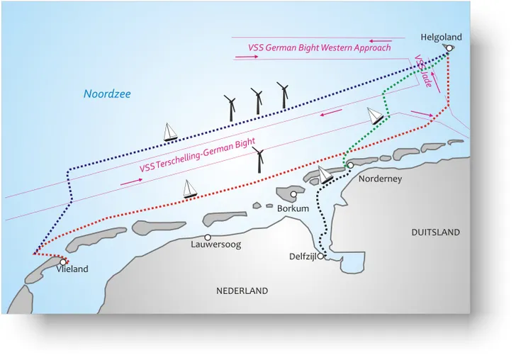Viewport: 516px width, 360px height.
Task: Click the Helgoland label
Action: point(441,37)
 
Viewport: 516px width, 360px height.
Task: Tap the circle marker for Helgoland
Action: point(448,48)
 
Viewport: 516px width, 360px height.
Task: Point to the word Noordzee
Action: point(107,94)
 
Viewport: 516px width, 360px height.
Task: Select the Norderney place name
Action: point(380,179)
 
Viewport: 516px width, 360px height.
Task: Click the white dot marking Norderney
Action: point(350,165)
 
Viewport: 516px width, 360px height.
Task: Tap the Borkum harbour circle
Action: point(293,193)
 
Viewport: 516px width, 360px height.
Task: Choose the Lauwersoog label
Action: point(216,244)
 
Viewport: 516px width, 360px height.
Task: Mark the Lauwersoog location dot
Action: point(208,237)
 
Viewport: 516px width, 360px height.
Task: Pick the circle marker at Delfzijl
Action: point(320,257)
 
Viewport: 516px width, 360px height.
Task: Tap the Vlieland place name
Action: point(72,269)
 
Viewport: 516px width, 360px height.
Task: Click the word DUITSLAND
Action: point(435,232)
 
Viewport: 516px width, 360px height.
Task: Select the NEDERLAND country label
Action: point(242,291)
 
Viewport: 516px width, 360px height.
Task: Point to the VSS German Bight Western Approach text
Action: point(319,47)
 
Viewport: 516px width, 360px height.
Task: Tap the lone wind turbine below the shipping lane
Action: point(259,161)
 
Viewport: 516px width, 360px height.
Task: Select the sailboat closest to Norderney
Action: point(325,174)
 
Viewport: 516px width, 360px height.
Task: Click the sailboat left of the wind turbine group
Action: point(170,133)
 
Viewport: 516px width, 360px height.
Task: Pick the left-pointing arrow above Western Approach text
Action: point(381,41)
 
